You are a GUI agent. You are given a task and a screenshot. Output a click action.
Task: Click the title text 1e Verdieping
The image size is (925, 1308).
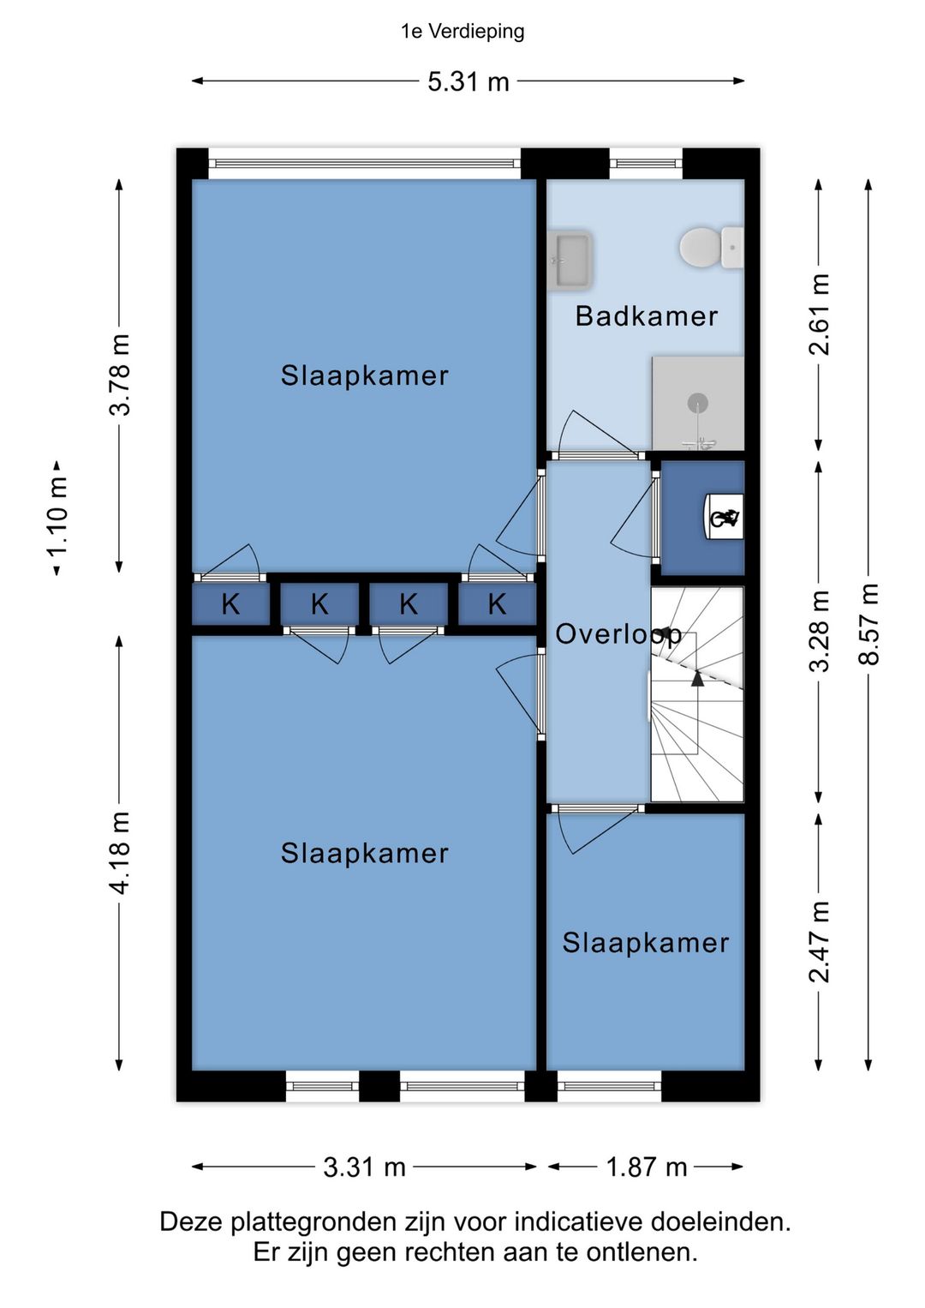pyautogui.click(x=462, y=32)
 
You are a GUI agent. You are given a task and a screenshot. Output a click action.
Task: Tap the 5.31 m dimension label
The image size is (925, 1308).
pyautogui.click(x=468, y=81)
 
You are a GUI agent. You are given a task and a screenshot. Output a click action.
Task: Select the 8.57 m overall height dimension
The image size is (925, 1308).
pyautogui.click(x=868, y=624)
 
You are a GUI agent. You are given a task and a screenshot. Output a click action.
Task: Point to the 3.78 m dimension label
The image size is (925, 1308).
pyautogui.click(x=119, y=375)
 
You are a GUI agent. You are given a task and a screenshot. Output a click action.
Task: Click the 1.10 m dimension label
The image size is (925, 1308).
pyautogui.click(x=57, y=519)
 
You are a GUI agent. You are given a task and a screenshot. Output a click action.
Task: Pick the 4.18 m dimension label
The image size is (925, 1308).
pyautogui.click(x=119, y=853)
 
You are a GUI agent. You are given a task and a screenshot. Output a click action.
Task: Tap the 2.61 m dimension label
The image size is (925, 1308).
pyautogui.click(x=818, y=315)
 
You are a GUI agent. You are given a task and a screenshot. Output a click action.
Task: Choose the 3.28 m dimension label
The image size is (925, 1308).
pyautogui.click(x=818, y=631)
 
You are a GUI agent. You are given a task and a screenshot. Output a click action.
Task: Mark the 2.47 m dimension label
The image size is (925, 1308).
pyautogui.click(x=818, y=941)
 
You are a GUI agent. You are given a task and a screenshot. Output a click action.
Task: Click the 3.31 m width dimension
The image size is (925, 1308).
pyautogui.click(x=364, y=1167)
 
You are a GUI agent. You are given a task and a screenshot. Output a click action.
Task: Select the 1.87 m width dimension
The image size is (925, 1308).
pyautogui.click(x=646, y=1167)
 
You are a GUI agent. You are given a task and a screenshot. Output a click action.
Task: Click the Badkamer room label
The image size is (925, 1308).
pyautogui.click(x=646, y=316)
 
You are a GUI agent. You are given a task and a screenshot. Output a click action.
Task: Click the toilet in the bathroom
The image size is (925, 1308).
pyautogui.click(x=712, y=249)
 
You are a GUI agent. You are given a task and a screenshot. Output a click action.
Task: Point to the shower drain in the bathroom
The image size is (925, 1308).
pyautogui.click(x=697, y=402)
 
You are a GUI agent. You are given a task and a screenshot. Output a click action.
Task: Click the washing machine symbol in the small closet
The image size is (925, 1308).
pyautogui.click(x=725, y=518)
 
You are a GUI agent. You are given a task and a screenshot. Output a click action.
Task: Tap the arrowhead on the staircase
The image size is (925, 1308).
pyautogui.click(x=697, y=678)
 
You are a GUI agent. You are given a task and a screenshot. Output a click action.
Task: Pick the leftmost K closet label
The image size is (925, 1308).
pyautogui.click(x=230, y=604)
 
